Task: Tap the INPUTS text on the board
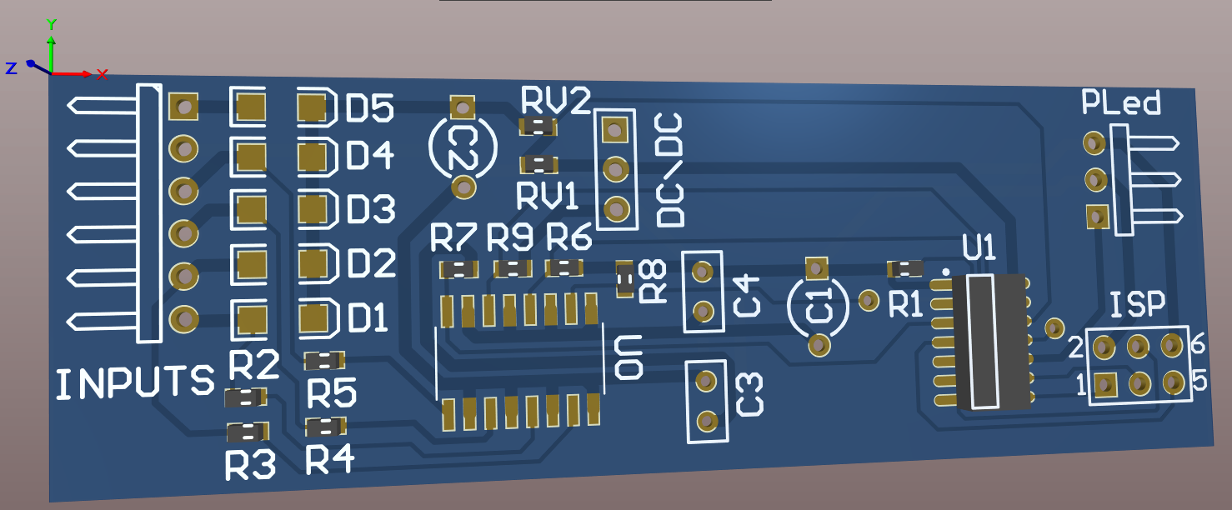pyautogui.click(x=135, y=383)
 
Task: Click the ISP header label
pyautogui.click(x=1138, y=306)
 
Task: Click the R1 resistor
pyautogui.click(x=905, y=268)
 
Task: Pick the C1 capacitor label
pyautogui.click(x=821, y=306)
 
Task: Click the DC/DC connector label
pyautogui.click(x=671, y=172)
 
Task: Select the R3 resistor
pyautogui.click(x=248, y=432)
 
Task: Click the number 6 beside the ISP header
pyautogui.click(x=1199, y=343)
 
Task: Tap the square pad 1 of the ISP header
pyautogui.click(x=1105, y=385)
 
